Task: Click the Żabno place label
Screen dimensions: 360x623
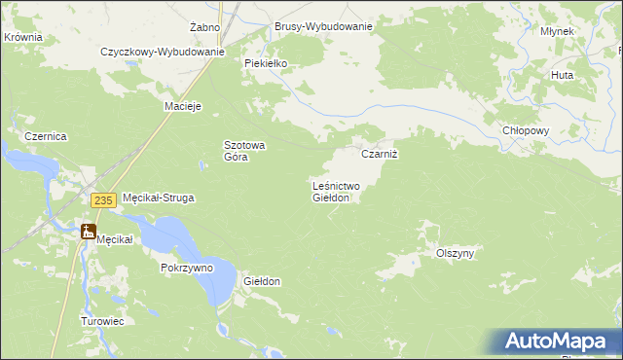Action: [x=205, y=26]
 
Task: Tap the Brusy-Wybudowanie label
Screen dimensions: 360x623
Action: [x=323, y=26]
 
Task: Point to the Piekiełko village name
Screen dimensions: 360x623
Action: [x=266, y=62]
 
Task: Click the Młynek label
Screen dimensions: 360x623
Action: [x=557, y=31]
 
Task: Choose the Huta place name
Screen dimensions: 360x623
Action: [x=562, y=74]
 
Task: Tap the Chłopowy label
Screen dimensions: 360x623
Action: [x=527, y=130]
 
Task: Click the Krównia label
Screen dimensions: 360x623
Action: [x=23, y=36]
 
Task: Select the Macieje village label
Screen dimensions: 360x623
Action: [x=183, y=106]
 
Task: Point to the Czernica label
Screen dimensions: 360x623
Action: [x=45, y=137]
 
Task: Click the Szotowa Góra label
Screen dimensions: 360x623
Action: [x=245, y=150]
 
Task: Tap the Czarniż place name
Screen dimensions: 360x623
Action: [x=381, y=154]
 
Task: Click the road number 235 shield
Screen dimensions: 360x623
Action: [x=104, y=199]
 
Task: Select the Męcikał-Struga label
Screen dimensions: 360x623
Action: [x=158, y=198]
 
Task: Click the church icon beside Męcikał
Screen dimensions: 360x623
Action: [x=89, y=232]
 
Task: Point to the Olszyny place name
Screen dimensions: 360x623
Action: [x=455, y=253]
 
